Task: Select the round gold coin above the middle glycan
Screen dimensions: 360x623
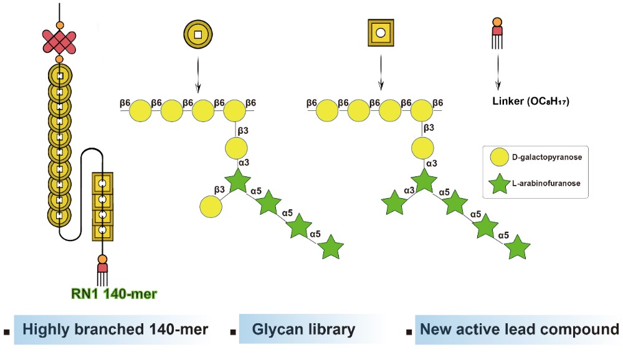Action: pos(197,34)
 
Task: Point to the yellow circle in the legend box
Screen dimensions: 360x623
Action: pos(498,157)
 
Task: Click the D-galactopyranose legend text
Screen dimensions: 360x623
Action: pos(547,158)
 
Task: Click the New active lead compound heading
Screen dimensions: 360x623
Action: pos(520,329)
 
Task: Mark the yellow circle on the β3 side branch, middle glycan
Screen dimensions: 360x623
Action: pos(210,207)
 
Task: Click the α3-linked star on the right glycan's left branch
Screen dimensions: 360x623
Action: pos(393,204)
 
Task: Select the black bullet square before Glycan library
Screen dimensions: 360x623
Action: pos(233,333)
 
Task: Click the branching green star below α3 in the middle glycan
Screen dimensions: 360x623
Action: pos(236,182)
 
